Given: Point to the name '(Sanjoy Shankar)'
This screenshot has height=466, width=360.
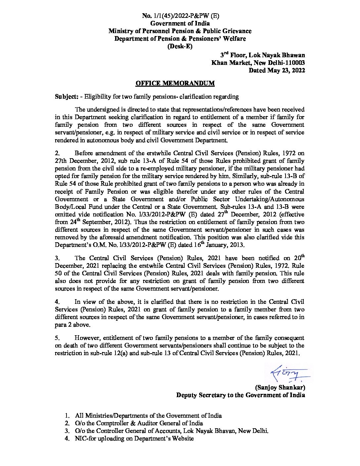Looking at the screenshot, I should click(x=280, y=387).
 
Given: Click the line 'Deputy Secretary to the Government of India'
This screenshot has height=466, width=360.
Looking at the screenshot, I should click(x=241, y=395).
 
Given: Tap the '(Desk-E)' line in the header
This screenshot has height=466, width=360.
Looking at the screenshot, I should click(x=180, y=46).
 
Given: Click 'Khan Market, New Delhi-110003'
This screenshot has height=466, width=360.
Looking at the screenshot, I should click(x=258, y=63).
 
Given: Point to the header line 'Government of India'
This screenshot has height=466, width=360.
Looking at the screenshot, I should click(x=180, y=23).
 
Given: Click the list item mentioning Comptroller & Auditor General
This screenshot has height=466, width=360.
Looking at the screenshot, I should click(x=139, y=423).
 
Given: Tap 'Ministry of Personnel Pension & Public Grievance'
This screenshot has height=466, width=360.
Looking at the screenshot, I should click(x=180, y=31).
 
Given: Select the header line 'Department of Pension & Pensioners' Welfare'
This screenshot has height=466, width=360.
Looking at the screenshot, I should click(x=180, y=39).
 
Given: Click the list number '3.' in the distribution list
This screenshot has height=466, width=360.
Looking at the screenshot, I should click(x=67, y=431).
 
